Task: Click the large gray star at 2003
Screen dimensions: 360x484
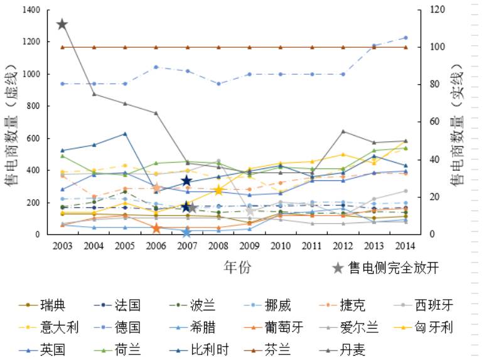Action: [x=62, y=25]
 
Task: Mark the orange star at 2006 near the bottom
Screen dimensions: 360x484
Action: [x=156, y=228]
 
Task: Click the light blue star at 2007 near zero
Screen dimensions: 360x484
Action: [x=186, y=232]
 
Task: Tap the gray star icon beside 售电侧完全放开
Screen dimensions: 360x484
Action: [x=338, y=268]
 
